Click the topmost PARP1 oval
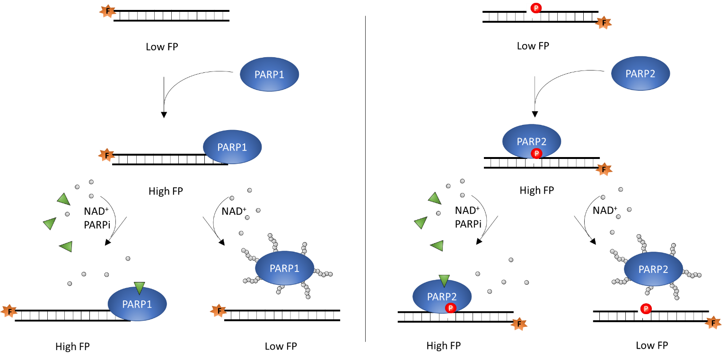click(269, 74)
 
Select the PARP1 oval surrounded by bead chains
click(284, 268)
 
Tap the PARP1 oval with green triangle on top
click(137, 304)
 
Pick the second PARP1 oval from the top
click(232, 147)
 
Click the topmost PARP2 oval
click(640, 73)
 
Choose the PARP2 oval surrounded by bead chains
click(653, 269)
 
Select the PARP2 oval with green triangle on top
click(442, 297)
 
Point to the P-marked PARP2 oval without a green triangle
click(531, 141)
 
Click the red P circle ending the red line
click(536, 8)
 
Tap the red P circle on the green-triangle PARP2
click(451, 308)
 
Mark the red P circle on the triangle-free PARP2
click(536, 153)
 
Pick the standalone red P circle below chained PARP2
click(646, 309)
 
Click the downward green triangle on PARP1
click(139, 288)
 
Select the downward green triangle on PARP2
click(444, 281)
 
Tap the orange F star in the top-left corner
click(108, 12)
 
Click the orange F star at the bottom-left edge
click(9, 312)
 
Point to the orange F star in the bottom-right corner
click(713, 323)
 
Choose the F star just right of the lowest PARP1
click(219, 311)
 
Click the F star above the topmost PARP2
click(604, 22)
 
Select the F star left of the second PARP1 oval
click(106, 155)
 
